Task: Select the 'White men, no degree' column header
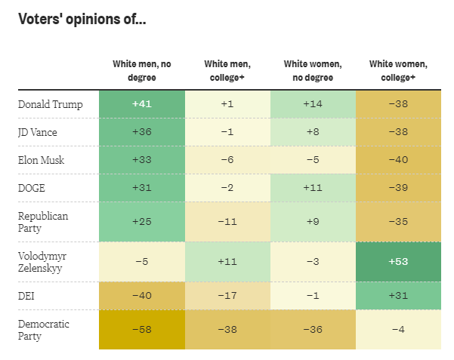(141, 71)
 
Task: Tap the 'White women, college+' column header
(397, 71)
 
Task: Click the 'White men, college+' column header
(227, 71)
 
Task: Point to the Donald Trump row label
(50, 104)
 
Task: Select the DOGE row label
(33, 187)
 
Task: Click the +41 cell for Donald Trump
(141, 104)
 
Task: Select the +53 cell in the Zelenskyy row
(397, 261)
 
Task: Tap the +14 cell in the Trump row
(312, 104)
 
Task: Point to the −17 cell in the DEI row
(227, 295)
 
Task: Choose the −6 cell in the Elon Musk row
(227, 160)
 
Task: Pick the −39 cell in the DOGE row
(397, 187)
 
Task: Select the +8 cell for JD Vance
(312, 132)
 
